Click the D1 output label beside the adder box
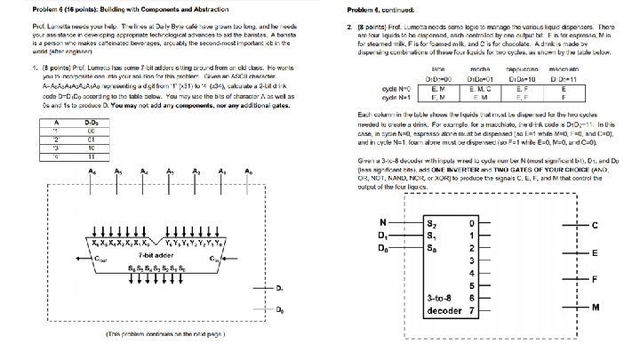(x=280, y=289)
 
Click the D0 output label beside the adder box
(x=280, y=311)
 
